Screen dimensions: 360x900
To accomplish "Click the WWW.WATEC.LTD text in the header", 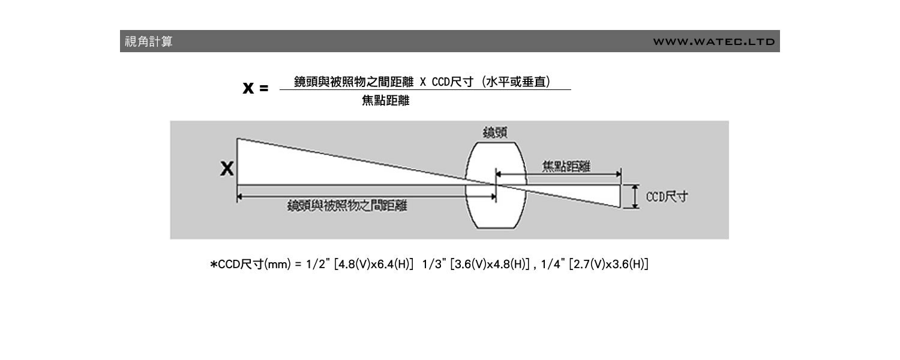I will [x=714, y=42].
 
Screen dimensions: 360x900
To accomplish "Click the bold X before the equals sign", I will [x=248, y=88].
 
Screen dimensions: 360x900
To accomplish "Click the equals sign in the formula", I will [x=263, y=89].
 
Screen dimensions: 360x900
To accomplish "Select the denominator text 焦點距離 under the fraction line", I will [x=385, y=101].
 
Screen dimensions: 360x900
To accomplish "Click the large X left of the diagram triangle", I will [x=227, y=169].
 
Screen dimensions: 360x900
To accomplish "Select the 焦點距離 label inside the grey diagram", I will [x=566, y=167].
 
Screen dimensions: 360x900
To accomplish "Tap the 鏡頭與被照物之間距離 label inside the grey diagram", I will [x=347, y=206].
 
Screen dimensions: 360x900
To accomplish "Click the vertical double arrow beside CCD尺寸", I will [x=634, y=197].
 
